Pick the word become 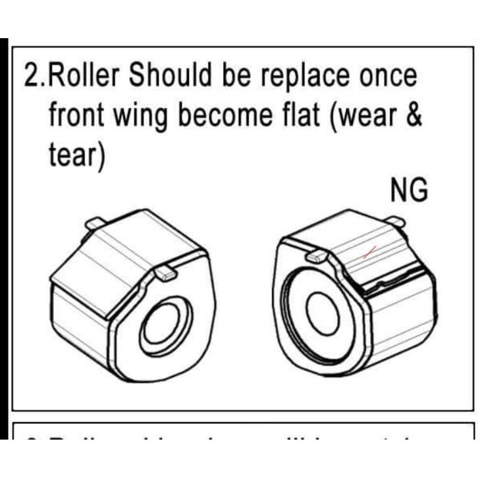pyautogui.click(x=225, y=117)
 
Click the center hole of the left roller pyautogui.click(x=158, y=324)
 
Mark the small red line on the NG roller pyautogui.click(x=371, y=251)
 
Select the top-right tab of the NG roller pyautogui.click(x=394, y=223)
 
